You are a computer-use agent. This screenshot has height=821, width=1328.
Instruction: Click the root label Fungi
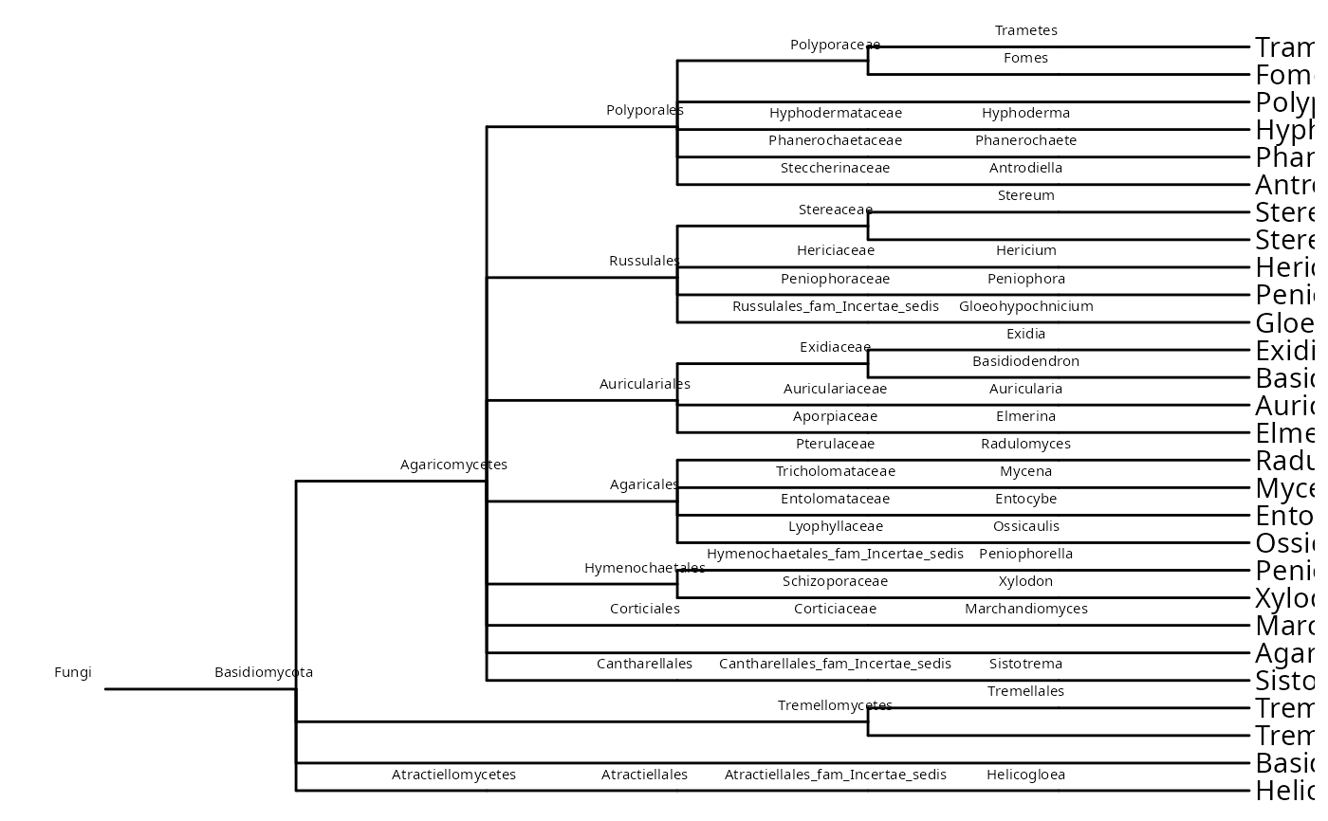click(x=73, y=673)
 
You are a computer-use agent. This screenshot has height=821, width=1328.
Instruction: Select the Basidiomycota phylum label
click(x=264, y=673)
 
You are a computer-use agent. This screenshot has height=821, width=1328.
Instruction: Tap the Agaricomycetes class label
click(x=453, y=465)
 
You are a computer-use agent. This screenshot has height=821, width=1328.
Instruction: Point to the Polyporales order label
click(x=645, y=111)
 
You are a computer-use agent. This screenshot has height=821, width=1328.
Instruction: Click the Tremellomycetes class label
click(x=835, y=706)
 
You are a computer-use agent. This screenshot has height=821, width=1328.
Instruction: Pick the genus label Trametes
click(x=1025, y=31)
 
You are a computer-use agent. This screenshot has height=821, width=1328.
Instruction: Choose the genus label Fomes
click(x=1025, y=59)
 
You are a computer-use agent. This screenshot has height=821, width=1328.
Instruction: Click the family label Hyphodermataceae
click(x=836, y=114)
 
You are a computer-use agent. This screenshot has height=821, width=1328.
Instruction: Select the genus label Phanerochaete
click(x=1025, y=141)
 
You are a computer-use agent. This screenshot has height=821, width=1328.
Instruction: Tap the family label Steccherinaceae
click(x=836, y=169)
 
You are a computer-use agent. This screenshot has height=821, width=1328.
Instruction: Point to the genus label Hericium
click(x=1025, y=251)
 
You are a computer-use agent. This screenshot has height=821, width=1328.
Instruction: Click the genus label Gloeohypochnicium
click(x=1025, y=307)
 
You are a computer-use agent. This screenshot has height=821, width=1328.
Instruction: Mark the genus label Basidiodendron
click(x=1025, y=362)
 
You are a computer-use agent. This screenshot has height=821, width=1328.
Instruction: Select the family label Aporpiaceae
click(x=836, y=417)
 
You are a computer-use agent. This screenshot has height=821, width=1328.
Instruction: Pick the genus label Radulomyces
click(x=1025, y=445)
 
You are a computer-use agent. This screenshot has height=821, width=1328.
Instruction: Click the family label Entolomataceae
click(x=836, y=500)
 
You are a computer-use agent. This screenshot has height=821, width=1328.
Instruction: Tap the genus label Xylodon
click(x=1025, y=582)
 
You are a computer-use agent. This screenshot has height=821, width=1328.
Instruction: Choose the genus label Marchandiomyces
click(x=1025, y=610)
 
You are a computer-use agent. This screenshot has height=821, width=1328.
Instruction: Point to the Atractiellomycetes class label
click(x=453, y=775)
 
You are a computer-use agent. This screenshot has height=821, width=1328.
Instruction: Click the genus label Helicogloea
click(x=1025, y=775)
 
